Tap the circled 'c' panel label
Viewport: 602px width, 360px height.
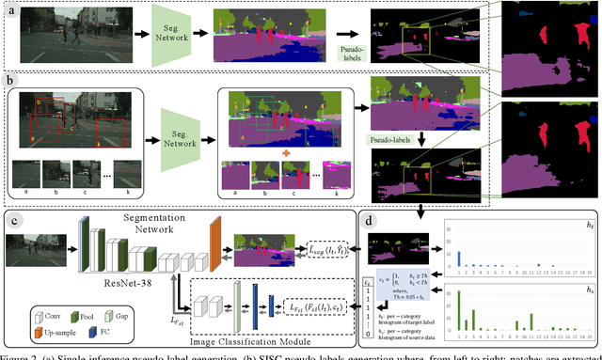pyautogui.click(x=12, y=222)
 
